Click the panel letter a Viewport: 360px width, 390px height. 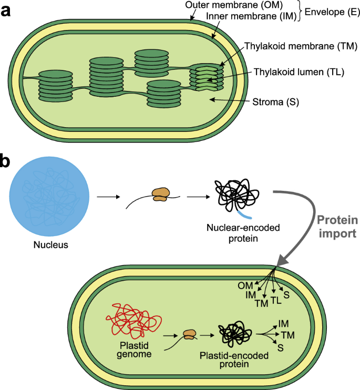[x=7, y=11]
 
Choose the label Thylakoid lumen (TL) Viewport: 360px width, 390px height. [x=298, y=73]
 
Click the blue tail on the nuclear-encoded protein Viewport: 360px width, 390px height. [x=243, y=215]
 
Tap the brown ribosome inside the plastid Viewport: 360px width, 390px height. [x=189, y=334]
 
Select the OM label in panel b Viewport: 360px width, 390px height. [x=245, y=285]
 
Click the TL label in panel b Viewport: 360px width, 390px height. [x=276, y=301]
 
